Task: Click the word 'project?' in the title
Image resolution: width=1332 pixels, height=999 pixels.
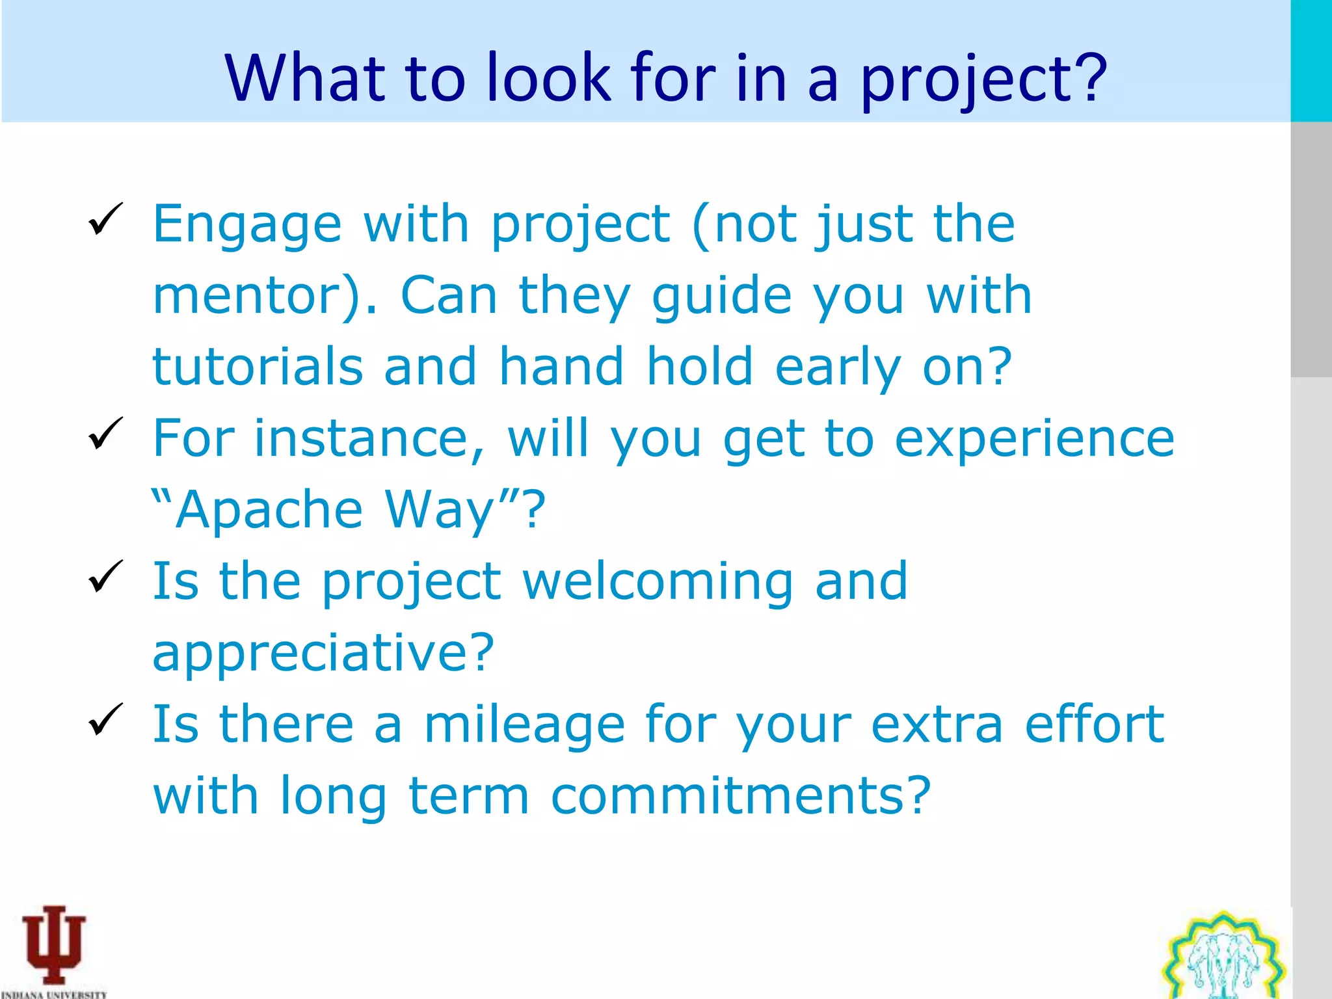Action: coord(983,79)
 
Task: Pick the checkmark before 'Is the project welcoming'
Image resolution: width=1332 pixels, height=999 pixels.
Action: coord(105,576)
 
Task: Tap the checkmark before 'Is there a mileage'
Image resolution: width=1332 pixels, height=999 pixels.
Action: coord(105,719)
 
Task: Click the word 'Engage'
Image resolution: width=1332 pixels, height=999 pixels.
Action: coord(247,225)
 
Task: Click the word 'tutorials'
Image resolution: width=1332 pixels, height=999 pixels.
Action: coord(258,367)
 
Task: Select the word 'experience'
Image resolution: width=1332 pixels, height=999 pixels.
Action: coord(1034,440)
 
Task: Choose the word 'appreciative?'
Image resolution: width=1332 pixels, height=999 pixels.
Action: coord(324,653)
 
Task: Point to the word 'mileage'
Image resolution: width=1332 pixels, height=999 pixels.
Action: coord(524,725)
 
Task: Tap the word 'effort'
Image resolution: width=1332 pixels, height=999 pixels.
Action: coord(1094,725)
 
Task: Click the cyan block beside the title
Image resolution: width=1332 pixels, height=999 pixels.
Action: coord(1311,60)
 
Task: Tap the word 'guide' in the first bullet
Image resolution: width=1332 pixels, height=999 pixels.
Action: coord(722,297)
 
